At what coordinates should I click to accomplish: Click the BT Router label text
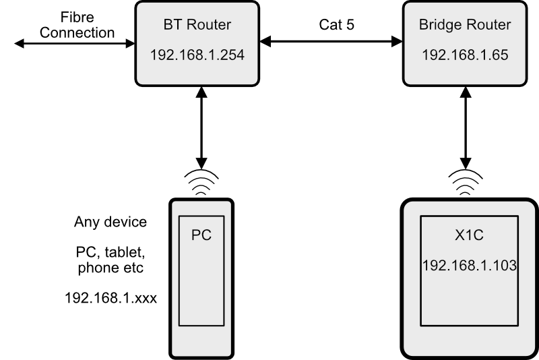point(196,26)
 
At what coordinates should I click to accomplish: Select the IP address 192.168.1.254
point(196,54)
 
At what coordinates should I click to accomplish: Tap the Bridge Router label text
point(465,26)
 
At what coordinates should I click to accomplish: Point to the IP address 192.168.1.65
point(465,54)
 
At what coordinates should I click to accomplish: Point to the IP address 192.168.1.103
point(470,266)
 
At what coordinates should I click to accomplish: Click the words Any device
point(110,222)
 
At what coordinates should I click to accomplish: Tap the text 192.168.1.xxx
point(110,297)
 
